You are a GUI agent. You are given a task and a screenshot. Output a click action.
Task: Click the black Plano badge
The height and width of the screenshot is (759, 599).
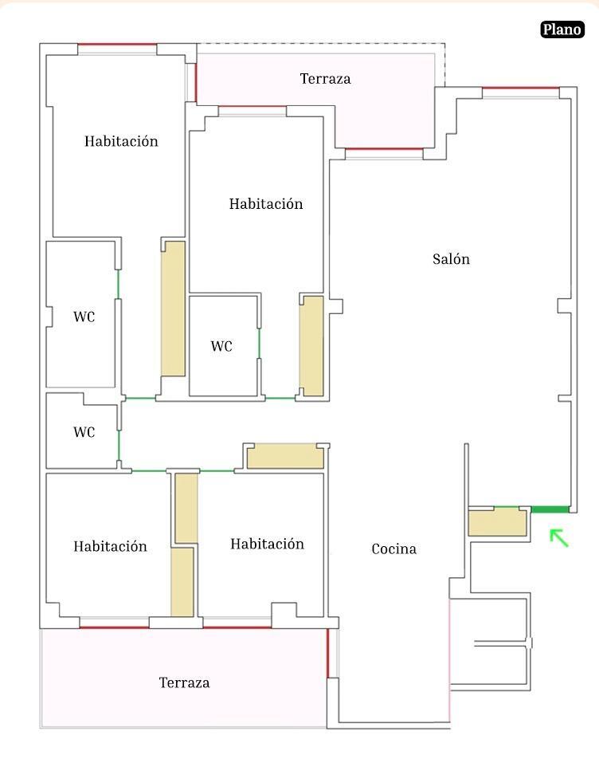[562, 29]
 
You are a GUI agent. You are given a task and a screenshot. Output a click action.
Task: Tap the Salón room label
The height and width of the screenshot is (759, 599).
[451, 259]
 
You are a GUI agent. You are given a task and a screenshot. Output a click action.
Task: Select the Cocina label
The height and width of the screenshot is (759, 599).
[394, 549]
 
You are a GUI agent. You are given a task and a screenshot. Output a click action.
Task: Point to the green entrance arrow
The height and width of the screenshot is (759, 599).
[559, 538]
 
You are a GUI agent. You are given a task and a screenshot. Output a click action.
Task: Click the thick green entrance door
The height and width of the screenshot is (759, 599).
[550, 509]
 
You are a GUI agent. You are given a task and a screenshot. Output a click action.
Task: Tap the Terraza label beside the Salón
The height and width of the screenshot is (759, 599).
[325, 79]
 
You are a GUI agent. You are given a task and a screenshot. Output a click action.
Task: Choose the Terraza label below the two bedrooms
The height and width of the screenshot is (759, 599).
[184, 682]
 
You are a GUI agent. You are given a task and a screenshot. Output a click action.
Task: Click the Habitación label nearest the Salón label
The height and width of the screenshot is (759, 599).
[266, 204]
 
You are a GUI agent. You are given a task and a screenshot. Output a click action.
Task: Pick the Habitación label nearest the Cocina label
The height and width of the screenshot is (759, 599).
[267, 544]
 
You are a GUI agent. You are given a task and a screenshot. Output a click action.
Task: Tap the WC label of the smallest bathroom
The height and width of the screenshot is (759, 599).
[84, 432]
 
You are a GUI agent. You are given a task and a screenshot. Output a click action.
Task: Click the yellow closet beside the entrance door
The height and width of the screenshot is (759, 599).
[498, 522]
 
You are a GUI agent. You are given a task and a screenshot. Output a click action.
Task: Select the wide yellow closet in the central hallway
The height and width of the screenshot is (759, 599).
[285, 457]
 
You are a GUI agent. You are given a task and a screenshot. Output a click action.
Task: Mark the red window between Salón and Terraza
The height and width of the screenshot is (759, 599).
[385, 149]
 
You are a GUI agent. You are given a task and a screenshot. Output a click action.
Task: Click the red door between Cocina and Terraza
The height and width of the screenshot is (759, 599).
[328, 652]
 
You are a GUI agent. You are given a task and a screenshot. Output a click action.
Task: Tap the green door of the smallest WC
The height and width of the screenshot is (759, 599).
[119, 445]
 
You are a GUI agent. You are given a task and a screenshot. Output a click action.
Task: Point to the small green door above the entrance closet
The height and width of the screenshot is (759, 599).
[506, 507]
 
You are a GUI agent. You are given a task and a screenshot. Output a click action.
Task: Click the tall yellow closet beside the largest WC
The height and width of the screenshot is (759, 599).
[173, 309]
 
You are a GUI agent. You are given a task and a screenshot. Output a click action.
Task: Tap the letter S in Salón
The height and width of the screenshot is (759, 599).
[437, 259]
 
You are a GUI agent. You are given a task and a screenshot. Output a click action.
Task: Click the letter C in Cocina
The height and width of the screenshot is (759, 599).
[376, 549]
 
